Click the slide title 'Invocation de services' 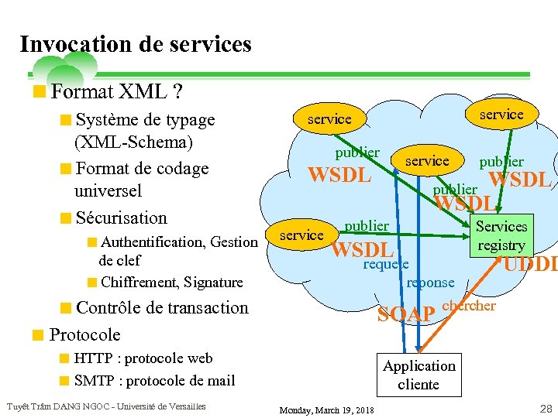[x=136, y=44]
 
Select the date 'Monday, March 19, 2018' [x=326, y=409]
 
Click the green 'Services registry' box [x=501, y=235]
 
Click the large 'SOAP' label [x=405, y=315]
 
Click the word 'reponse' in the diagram [x=430, y=283]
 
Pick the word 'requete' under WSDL [x=386, y=264]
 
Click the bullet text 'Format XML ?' [x=116, y=92]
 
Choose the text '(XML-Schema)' [x=133, y=142]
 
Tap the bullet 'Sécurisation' [x=121, y=218]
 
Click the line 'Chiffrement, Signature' [x=171, y=282]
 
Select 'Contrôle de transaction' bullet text [x=162, y=307]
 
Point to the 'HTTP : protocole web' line [x=143, y=358]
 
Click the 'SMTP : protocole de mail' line [x=154, y=380]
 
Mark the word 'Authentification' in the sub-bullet [x=148, y=242]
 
